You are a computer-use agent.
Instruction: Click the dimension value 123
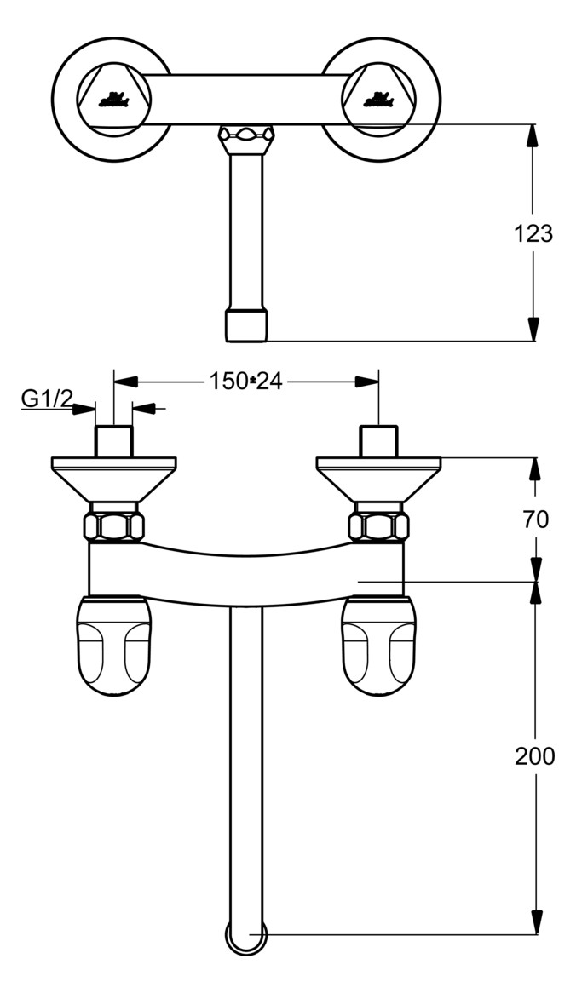pos(534,233)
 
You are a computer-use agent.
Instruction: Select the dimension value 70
pos(536,519)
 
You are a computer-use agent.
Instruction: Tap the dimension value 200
pos(534,755)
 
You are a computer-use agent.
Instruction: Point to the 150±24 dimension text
pos(245,382)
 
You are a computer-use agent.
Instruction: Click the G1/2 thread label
pos(47,399)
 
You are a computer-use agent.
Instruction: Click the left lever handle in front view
pos(114,646)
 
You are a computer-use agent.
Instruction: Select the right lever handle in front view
pos(378,646)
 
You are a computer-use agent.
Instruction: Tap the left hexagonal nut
pos(114,525)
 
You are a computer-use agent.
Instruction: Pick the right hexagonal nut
pos(378,525)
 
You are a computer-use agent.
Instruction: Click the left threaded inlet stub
pos(114,441)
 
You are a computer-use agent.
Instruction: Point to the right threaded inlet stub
pos(378,441)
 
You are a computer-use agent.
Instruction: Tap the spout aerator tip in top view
pos(246,325)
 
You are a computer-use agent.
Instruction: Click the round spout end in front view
pos(246,937)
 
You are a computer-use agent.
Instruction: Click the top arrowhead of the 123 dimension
pos(534,136)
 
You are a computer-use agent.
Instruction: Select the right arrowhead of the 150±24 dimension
pos(368,382)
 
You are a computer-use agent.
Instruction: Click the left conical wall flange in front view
pos(114,479)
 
